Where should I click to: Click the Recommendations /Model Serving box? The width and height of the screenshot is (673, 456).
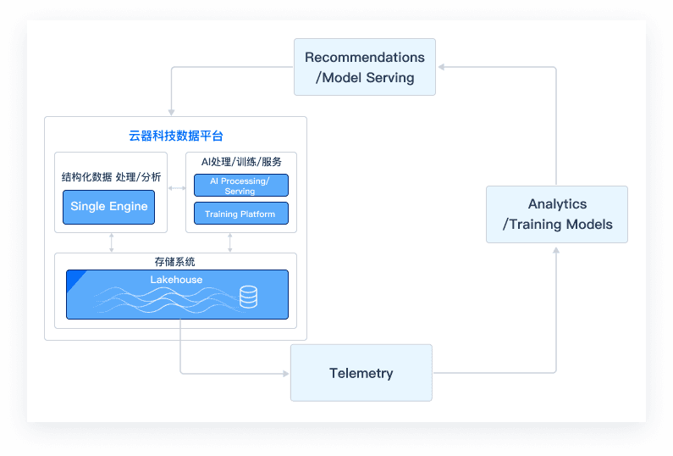coord(365,67)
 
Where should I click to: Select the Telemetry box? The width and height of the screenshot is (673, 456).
coord(361,373)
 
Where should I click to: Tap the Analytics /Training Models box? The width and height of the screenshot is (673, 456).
coord(557,214)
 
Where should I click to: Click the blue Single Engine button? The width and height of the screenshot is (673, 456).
coord(109,207)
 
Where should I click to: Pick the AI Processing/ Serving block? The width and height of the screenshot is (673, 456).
coord(240,186)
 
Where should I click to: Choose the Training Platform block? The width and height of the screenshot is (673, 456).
coord(240,214)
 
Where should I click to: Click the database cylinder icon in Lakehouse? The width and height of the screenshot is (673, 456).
coord(248,297)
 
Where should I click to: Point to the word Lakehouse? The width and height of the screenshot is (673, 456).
coord(176,279)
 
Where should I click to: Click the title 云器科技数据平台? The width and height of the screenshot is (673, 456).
coord(175,136)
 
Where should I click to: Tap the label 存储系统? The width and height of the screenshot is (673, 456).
coord(175,262)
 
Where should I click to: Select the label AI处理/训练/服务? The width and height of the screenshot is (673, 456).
coord(240,162)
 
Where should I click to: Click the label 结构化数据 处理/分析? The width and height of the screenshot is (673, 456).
coord(111,177)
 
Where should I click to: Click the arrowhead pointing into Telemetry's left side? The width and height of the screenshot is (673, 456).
coord(285,373)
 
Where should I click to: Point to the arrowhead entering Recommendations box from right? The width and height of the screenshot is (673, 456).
coord(442,67)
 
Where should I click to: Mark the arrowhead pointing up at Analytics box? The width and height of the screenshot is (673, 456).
coord(556,250)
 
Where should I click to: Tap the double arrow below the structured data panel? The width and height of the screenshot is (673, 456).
coord(112,242)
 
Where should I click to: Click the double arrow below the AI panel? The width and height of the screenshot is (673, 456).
coord(230,242)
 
